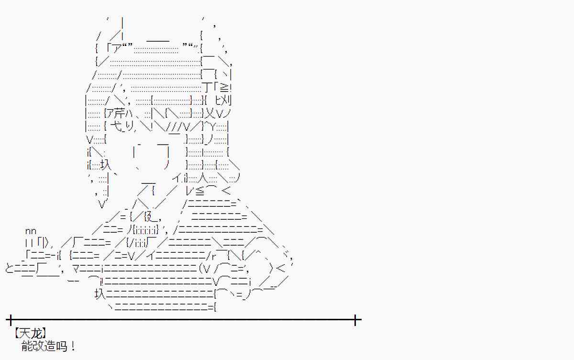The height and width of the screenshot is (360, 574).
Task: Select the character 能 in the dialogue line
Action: [x=27, y=346]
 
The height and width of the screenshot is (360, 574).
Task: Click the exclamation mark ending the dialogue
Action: [x=73, y=346]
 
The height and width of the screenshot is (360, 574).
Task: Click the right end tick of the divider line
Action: [x=355, y=319]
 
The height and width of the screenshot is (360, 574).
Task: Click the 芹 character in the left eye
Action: [x=117, y=114]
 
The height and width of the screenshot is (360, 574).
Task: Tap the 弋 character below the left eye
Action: [x=115, y=127]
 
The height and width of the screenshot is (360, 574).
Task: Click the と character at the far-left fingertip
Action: [x=10, y=269]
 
